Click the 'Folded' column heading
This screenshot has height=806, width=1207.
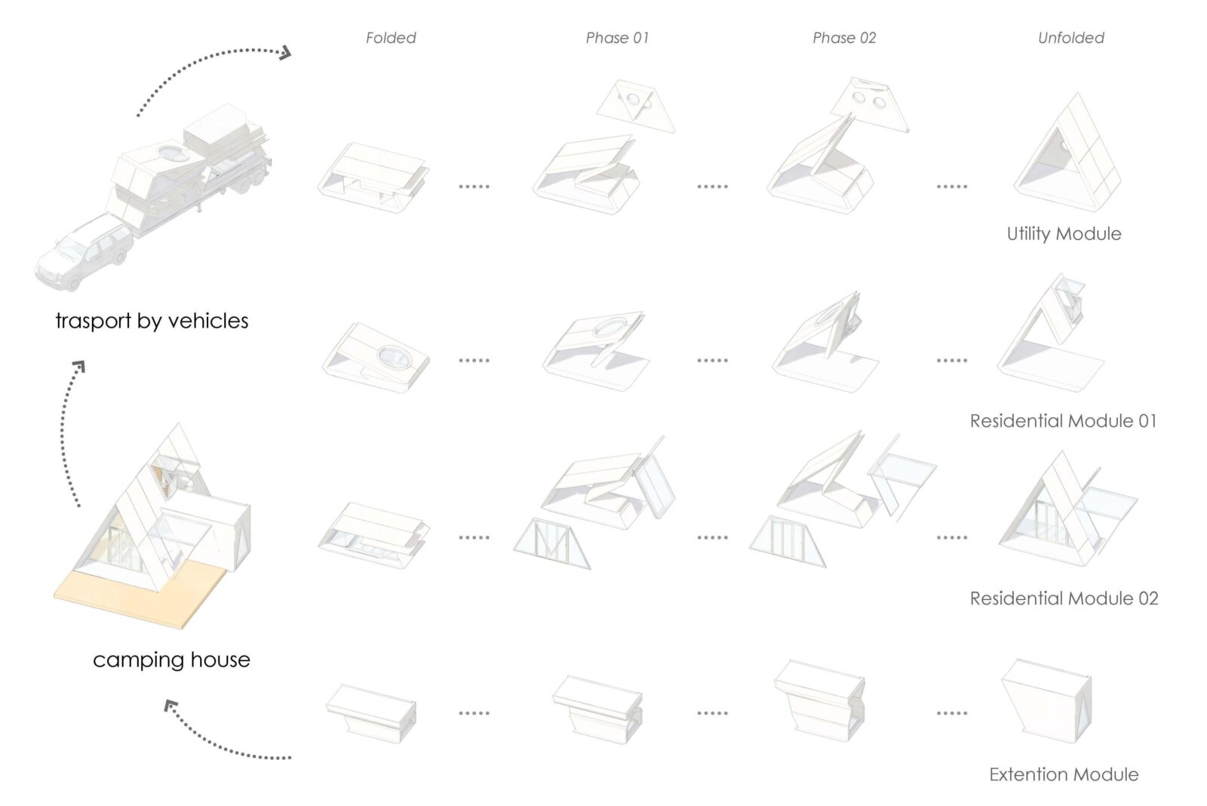(391, 38)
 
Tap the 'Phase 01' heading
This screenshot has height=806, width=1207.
(617, 38)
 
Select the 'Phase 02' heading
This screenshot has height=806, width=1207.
(844, 38)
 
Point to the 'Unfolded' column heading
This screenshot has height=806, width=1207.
(1070, 38)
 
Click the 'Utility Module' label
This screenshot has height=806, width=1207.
(1064, 233)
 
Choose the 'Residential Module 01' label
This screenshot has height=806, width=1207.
(1063, 420)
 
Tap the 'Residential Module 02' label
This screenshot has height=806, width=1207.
(1064, 598)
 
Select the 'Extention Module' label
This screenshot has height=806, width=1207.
(1064, 774)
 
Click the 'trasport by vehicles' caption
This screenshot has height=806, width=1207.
(152, 321)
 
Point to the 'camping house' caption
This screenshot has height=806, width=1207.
(171, 660)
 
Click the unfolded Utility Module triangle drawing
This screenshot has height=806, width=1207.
(1067, 154)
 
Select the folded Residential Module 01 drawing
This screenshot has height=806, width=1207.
(376, 358)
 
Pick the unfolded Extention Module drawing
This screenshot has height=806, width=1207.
(1046, 701)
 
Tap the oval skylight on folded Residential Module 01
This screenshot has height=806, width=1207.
(394, 358)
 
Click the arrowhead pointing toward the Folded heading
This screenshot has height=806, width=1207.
(285, 53)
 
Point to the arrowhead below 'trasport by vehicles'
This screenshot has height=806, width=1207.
(79, 367)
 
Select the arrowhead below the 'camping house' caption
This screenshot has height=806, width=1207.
(171, 706)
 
